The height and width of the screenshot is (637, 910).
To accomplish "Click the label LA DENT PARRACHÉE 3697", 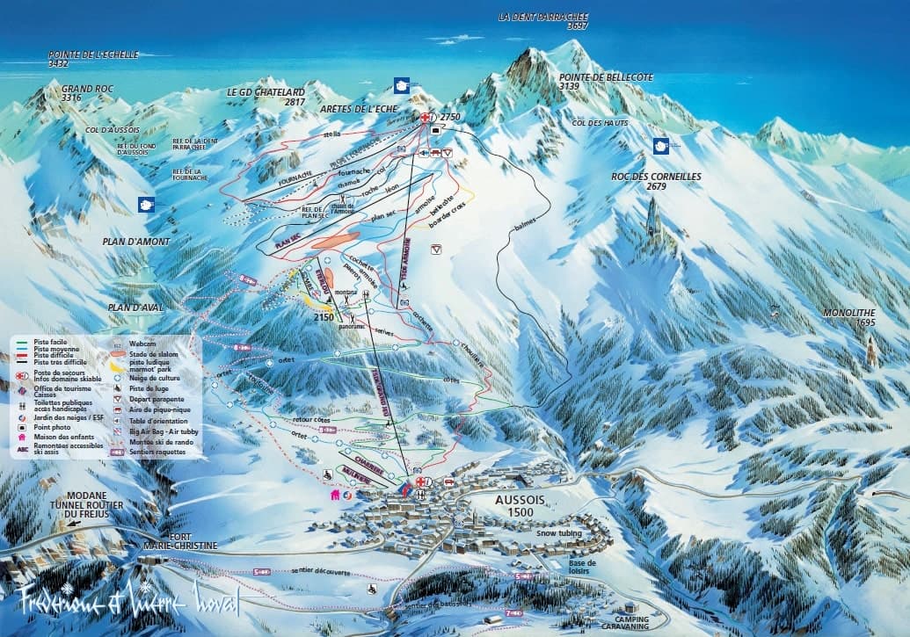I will [x=542, y=21].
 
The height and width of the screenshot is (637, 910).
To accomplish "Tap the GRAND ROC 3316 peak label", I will [x=76, y=93].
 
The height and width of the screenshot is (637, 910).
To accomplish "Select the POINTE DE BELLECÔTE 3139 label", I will [x=606, y=82].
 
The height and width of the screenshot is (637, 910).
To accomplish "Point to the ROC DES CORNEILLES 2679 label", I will [x=656, y=181].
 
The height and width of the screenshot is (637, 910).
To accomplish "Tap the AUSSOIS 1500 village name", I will [x=515, y=505].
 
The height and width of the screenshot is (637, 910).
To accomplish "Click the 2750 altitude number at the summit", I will [x=450, y=117].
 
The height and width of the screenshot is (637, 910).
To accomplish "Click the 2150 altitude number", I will [x=324, y=317].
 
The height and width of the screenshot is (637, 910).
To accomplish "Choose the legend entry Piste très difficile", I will [x=59, y=362].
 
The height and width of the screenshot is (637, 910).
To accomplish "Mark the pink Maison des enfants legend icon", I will [x=21, y=436].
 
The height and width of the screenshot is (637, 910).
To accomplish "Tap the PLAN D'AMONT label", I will [x=135, y=241].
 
